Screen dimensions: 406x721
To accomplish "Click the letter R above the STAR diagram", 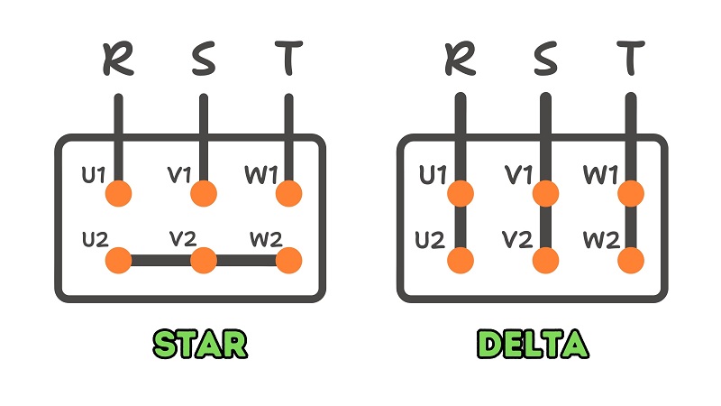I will [x=117, y=61].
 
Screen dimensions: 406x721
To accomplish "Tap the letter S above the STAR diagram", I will [x=203, y=61].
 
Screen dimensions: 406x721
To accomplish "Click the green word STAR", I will [x=199, y=344].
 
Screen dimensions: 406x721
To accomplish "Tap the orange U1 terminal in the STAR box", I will [x=118, y=193].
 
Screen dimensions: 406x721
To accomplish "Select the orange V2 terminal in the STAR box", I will [x=204, y=261].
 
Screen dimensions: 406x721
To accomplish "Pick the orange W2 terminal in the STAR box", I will [x=288, y=261].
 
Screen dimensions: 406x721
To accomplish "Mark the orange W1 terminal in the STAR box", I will [x=288, y=193].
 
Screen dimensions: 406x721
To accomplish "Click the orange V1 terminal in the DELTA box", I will [x=545, y=193].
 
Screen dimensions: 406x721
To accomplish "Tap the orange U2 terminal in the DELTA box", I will [x=460, y=261].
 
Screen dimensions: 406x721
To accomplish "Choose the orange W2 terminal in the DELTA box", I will [x=631, y=261].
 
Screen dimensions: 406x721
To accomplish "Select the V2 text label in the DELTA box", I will [x=516, y=241].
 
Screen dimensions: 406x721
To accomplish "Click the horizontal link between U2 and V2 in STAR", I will [x=160, y=261].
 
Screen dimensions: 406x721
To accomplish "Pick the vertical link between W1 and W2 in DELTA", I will [x=631, y=227].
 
